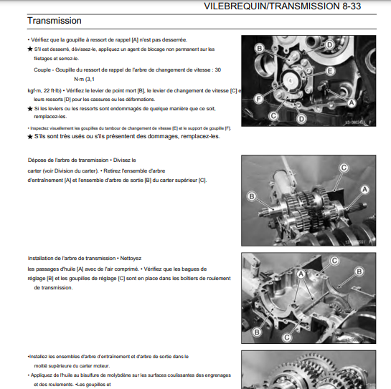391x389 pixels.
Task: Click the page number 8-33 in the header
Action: point(352,6)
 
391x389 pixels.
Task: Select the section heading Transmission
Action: point(55,21)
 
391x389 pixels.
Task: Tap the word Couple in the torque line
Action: point(42,70)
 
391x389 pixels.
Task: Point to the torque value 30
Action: point(217,70)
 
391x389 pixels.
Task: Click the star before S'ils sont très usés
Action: point(30,137)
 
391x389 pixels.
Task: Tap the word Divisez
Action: point(121,160)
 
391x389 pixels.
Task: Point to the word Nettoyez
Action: point(131,259)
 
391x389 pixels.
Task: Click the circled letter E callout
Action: point(329,71)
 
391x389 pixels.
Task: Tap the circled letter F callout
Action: point(258,99)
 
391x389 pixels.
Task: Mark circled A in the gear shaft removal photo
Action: point(364,190)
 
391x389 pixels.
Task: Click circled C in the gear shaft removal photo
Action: point(344,168)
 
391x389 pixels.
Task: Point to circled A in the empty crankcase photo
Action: point(301,274)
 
